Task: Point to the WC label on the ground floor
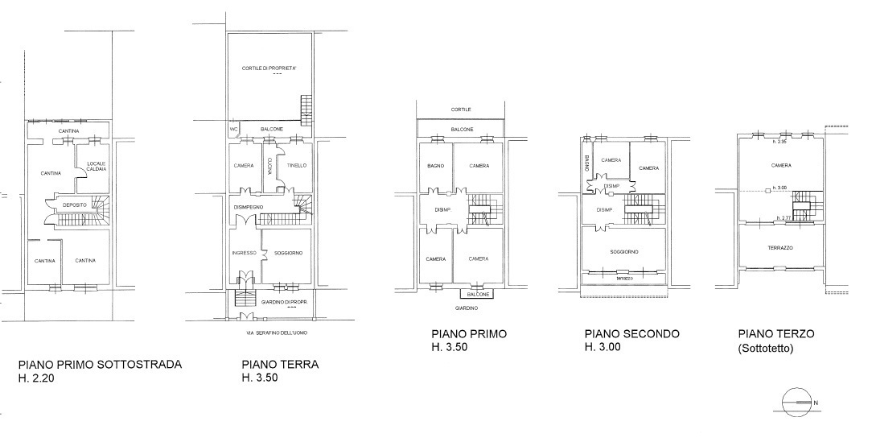coord(233,129)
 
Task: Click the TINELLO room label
coord(298,166)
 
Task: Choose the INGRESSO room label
coord(244,253)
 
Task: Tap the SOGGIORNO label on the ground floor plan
coord(287,253)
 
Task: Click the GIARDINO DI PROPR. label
coord(285,302)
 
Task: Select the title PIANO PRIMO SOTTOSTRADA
coord(100,364)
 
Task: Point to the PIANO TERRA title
coord(280,364)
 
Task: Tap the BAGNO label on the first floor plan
coord(435,166)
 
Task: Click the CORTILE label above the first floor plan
coord(461,109)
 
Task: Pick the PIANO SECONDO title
coord(631,333)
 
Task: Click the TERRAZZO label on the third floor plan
coord(780,248)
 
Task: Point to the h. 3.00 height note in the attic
coord(779,188)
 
